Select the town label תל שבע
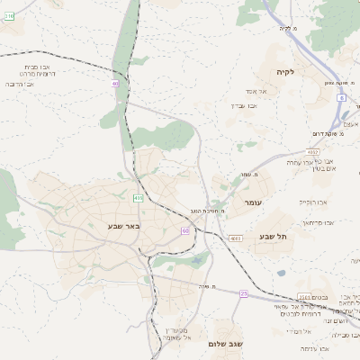click(272, 236)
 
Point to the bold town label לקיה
click(285, 72)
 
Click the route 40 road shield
click(115, 84)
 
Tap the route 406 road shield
click(138, 197)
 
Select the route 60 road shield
click(185, 231)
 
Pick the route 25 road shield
click(243, 293)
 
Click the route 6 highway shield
click(341, 97)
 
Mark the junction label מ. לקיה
click(287, 28)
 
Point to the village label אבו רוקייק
click(318, 203)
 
